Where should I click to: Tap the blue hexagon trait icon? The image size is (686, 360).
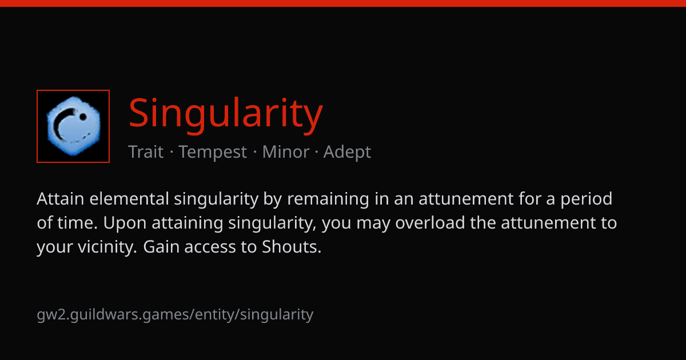(73, 126)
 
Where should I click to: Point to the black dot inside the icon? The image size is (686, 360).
(83, 117)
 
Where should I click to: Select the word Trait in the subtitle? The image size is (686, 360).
(146, 151)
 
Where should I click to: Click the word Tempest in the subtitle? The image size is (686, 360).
(213, 152)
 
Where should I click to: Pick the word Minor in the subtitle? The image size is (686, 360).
(286, 151)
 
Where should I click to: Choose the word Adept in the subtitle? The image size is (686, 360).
(348, 152)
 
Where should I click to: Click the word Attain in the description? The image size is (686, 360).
(61, 199)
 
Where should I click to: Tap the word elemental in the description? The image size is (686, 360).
(129, 199)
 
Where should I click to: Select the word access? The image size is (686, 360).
(210, 247)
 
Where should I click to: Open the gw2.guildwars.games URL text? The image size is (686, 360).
(175, 315)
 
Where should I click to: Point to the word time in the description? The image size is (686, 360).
(77, 222)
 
